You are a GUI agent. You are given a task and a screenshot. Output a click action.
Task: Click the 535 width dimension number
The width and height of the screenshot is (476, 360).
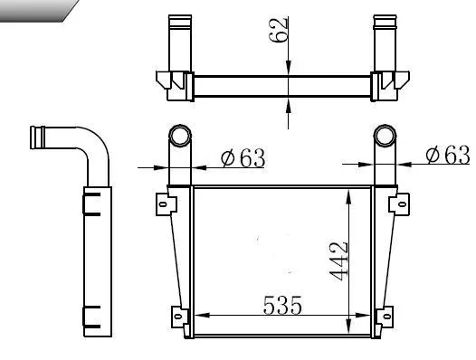282,305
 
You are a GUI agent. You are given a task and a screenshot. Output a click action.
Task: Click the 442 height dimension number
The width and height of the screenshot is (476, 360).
338,261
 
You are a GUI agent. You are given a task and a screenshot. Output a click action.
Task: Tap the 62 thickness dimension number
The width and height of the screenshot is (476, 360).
279,30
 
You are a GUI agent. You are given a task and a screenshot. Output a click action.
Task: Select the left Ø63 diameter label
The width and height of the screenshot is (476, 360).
243,158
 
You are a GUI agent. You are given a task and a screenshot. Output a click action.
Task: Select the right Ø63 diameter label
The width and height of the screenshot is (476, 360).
448,155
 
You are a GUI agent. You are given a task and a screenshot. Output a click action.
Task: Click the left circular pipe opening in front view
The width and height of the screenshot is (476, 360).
180,136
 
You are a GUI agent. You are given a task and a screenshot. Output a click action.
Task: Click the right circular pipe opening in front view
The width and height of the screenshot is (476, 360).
385,136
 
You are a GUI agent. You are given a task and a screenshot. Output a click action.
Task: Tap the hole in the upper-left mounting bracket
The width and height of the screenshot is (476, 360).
163,204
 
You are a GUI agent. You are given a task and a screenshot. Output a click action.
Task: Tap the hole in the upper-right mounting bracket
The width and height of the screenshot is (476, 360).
402,204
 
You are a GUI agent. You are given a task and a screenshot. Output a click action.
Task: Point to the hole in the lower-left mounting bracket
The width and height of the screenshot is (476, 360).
178,317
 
